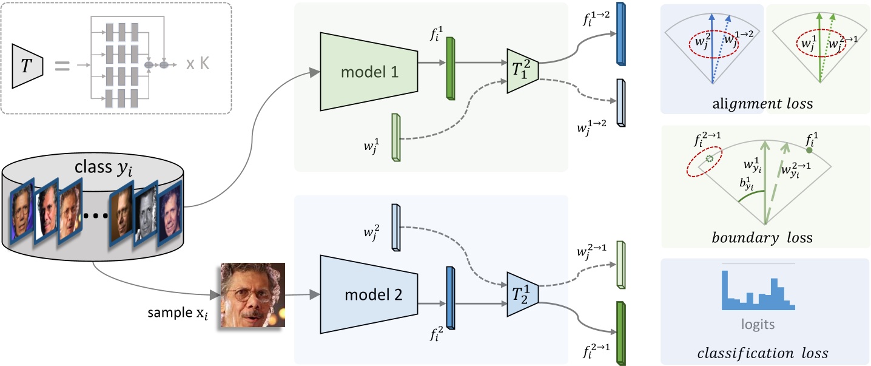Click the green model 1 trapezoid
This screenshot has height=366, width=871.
click(368, 72)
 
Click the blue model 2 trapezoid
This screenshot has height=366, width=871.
click(368, 294)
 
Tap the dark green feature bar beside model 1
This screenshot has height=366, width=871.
click(450, 68)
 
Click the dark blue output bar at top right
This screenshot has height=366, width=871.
click(620, 34)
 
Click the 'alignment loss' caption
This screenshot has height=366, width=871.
click(763, 104)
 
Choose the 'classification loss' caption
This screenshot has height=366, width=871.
click(763, 353)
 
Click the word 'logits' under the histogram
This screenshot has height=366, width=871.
click(758, 324)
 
